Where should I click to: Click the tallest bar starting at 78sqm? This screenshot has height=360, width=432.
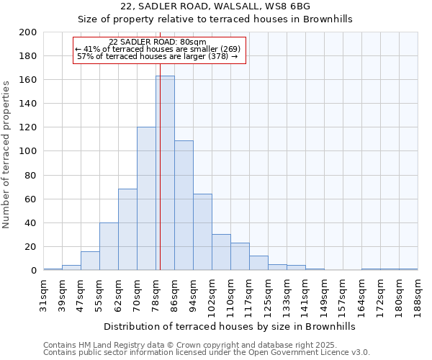[165, 173]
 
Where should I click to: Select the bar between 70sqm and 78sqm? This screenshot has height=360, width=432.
[146, 199]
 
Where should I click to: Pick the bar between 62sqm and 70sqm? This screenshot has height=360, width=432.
[127, 230]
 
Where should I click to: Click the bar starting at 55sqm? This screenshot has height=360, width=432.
[109, 246]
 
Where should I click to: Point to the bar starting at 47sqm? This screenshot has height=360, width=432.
[90, 261]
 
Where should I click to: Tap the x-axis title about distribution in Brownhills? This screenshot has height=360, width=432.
[230, 326]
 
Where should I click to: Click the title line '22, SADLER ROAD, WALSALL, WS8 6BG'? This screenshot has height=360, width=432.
[215, 6]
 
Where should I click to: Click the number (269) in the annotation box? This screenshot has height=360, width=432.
[230, 49]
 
